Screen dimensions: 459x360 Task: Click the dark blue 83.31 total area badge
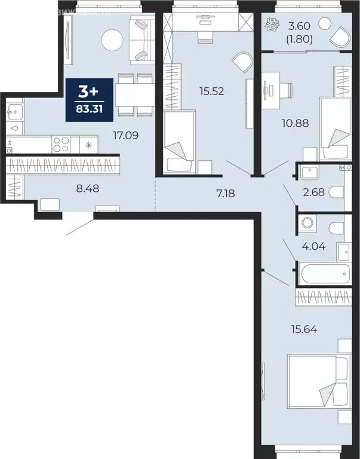point(88,99)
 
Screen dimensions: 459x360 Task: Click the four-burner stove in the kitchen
point(62,144)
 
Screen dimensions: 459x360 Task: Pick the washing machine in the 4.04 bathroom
point(308,224)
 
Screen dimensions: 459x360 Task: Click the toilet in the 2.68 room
point(337,192)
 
